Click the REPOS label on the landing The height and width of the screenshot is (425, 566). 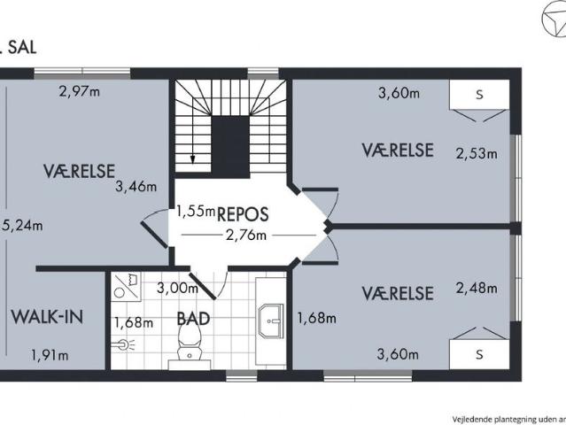(242, 213)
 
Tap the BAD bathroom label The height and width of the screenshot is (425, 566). (193, 318)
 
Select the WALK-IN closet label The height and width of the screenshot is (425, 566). (46, 318)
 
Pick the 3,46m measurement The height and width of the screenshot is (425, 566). (136, 187)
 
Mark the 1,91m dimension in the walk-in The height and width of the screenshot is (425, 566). (50, 355)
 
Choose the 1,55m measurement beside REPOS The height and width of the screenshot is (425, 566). (195, 211)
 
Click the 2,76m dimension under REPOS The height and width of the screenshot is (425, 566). (246, 235)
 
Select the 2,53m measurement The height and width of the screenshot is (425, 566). (477, 153)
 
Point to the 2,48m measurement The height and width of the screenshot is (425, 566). (477, 288)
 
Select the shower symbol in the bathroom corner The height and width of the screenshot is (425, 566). (125, 284)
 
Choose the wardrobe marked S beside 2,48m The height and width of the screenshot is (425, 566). (479, 354)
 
